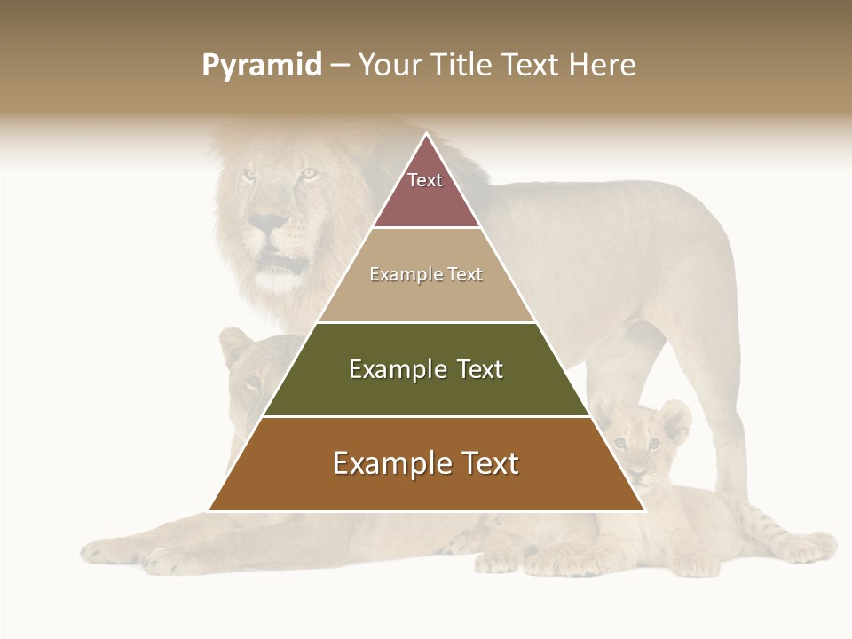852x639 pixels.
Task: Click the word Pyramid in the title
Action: (261, 66)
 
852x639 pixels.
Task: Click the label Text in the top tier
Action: (425, 180)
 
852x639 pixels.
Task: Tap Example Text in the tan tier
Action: (426, 274)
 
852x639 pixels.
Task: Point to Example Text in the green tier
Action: (426, 369)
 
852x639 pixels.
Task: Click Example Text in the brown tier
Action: (426, 463)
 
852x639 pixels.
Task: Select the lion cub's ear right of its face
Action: (675, 419)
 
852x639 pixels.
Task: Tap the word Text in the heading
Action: (531, 66)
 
